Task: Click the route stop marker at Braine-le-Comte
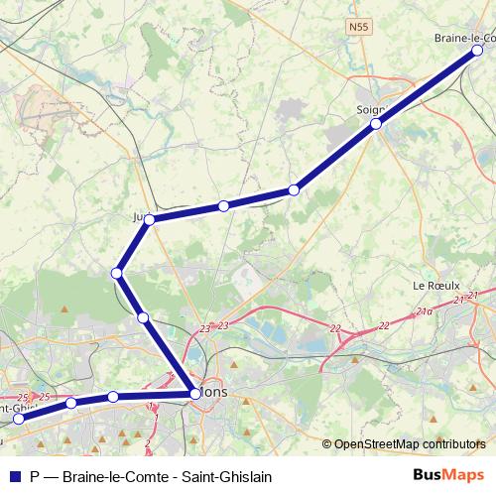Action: point(477,50)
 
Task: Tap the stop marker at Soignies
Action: point(376,124)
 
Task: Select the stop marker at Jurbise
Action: point(149,219)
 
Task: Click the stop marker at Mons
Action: point(194,394)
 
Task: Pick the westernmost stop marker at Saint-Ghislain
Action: point(18,419)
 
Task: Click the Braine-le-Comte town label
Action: point(464,38)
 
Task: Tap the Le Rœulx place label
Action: point(434,285)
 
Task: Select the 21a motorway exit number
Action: point(425,311)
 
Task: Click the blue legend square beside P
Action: point(14,476)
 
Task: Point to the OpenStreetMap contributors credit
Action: point(410,444)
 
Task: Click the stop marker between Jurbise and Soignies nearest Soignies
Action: point(294,189)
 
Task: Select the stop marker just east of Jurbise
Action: point(224,205)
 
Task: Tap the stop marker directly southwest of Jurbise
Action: point(117,272)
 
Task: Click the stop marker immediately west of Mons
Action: point(113,397)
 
